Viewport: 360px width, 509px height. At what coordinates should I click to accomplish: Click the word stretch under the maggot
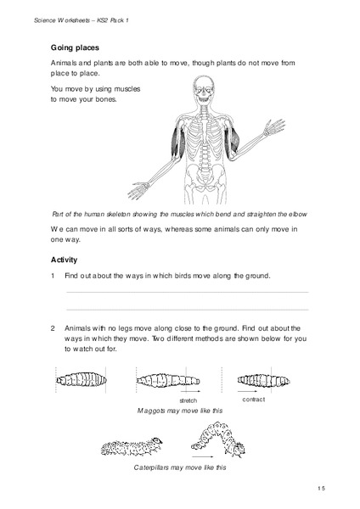(x=188, y=399)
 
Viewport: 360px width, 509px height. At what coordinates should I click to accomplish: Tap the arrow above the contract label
(x=256, y=390)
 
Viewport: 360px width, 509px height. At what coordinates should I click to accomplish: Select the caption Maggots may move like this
(x=179, y=411)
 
